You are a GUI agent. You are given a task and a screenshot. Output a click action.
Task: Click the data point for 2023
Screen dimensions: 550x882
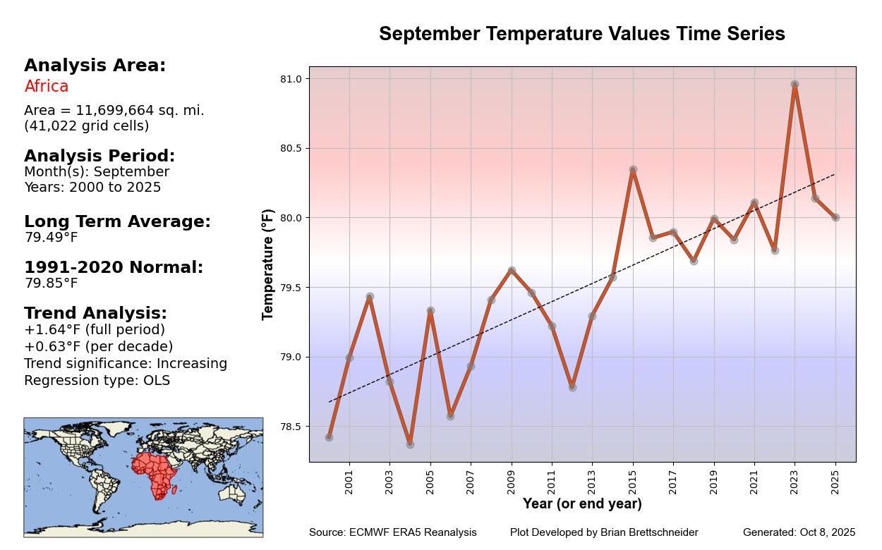click(x=795, y=85)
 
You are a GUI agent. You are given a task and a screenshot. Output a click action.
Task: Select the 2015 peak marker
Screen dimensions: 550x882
click(x=633, y=170)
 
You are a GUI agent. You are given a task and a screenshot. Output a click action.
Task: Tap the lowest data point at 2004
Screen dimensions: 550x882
click(x=410, y=444)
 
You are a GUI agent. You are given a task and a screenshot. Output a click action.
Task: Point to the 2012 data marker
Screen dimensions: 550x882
click(x=572, y=387)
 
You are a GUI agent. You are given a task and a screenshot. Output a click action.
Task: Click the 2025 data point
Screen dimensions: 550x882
click(x=835, y=217)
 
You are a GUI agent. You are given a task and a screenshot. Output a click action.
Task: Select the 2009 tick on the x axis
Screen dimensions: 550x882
click(x=512, y=480)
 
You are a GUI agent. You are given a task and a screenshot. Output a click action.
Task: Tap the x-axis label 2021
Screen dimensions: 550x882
click(x=754, y=480)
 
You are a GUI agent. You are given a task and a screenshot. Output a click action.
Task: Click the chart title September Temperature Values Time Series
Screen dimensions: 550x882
click(x=582, y=34)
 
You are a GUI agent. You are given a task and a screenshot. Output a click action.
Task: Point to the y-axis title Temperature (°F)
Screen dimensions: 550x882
click(x=268, y=264)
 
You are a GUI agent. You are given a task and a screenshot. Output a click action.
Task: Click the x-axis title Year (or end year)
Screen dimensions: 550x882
click(x=582, y=504)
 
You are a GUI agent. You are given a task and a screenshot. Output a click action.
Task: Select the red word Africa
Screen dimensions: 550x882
click(x=47, y=87)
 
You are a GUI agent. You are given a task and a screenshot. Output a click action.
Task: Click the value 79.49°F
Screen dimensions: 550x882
click(x=51, y=238)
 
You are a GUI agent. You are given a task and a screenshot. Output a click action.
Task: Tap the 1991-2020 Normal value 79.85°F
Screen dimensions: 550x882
click(x=51, y=283)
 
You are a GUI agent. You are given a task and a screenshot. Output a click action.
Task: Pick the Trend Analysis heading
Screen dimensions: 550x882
click(x=95, y=313)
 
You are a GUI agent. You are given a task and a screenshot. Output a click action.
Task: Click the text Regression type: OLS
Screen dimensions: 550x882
click(x=97, y=381)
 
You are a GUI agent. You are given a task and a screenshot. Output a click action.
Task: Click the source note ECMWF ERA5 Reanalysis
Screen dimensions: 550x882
click(x=393, y=532)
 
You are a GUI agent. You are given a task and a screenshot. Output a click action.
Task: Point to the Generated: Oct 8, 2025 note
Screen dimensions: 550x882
click(x=799, y=532)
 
